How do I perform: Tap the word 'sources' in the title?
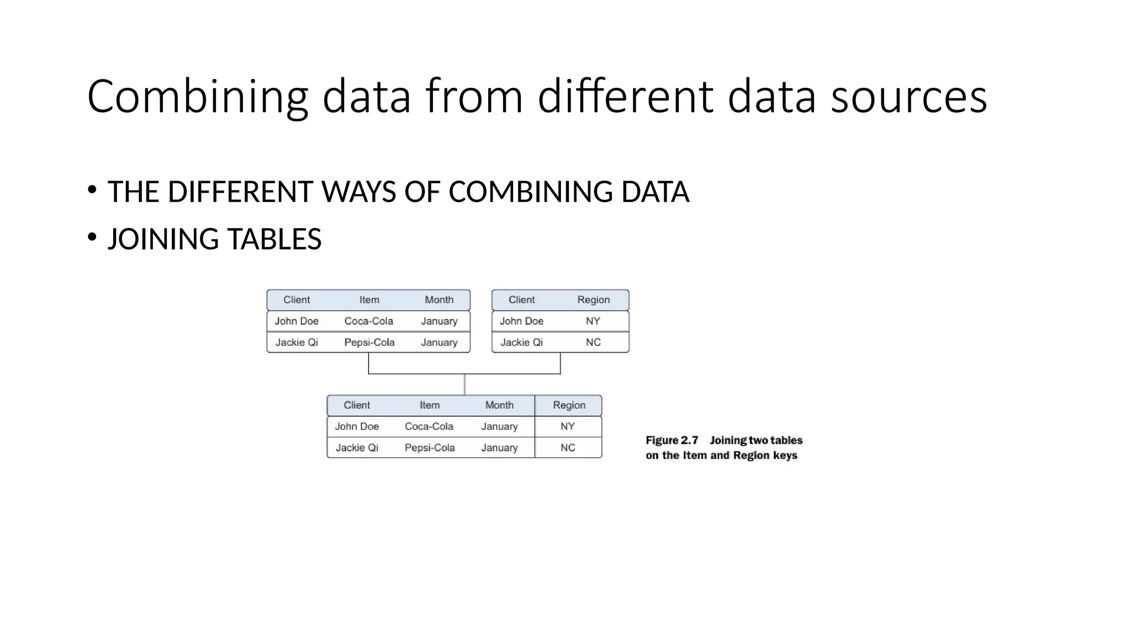[x=908, y=97]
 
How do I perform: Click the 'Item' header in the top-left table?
[x=369, y=300]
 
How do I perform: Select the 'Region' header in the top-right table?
[x=593, y=300]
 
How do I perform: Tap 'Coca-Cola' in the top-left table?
[x=368, y=321]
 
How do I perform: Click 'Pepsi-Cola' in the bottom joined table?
[x=430, y=448]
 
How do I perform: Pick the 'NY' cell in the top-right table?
[x=593, y=321]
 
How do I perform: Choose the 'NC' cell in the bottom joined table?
[x=568, y=448]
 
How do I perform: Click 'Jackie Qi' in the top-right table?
[x=521, y=342]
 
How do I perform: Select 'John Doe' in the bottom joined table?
[x=357, y=427]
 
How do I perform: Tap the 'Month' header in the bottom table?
[x=499, y=405]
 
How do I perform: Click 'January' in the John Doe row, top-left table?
[x=439, y=321]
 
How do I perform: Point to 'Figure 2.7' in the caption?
[x=672, y=441]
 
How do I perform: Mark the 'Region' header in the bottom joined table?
[x=569, y=405]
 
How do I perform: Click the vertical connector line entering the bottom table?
[x=464, y=385]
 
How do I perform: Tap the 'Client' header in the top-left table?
[x=297, y=300]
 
